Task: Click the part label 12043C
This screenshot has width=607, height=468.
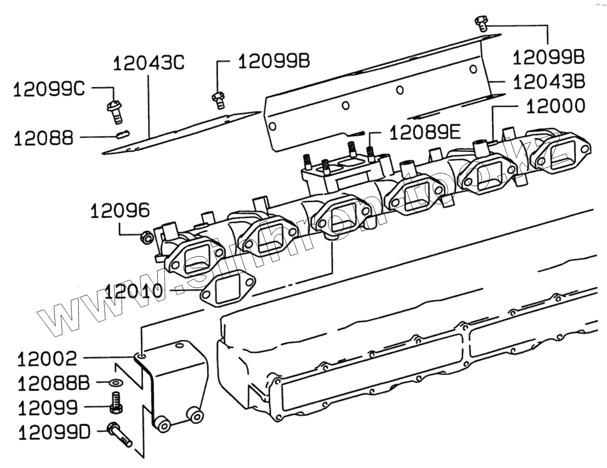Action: pos(149,64)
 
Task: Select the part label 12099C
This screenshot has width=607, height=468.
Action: pos(49,89)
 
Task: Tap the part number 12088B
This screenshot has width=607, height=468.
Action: pos(54,383)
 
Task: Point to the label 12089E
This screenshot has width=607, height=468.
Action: pos(425,133)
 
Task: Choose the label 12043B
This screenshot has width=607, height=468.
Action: pos(548,81)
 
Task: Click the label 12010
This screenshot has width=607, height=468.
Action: pos(133,290)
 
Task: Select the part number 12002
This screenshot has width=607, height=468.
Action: pos(47,358)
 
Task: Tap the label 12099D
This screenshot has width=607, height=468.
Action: pos(54,432)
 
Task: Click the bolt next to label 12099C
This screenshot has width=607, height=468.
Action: pos(115,111)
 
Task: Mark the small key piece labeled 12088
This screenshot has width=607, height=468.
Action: pos(122,134)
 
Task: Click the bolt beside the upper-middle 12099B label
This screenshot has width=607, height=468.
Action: pos(218,99)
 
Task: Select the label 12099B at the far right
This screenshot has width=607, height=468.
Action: pos(548,57)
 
